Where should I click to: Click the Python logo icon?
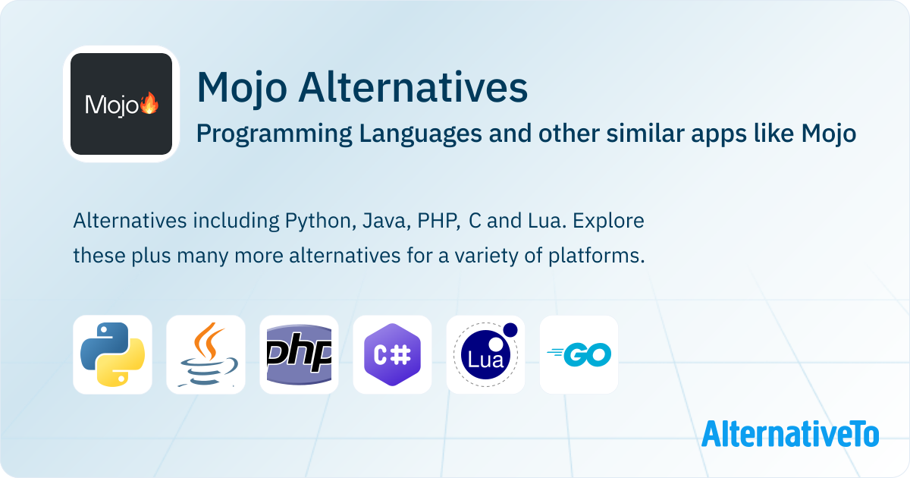point(112,354)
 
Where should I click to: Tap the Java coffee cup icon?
point(206,354)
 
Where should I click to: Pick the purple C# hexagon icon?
point(393,354)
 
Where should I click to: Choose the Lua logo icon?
point(485,354)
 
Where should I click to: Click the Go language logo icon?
point(579,354)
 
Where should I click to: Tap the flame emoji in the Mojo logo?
point(149,103)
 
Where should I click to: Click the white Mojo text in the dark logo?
point(111,105)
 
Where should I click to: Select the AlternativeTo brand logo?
point(790,434)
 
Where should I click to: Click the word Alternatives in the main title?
point(413,87)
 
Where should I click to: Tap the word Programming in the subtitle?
point(275,134)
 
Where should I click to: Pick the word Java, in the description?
point(386,222)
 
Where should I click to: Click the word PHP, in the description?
point(439,221)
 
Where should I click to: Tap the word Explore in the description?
point(608,222)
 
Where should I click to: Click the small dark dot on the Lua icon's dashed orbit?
point(510,330)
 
